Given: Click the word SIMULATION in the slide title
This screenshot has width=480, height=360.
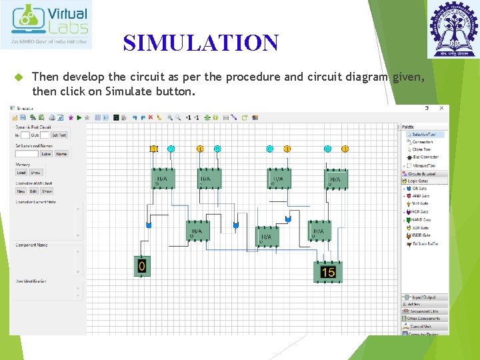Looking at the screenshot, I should pos(201,43).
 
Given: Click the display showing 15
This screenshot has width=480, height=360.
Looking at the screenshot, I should pos(328,272).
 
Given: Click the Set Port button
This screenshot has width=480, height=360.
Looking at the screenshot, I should pos(59,135).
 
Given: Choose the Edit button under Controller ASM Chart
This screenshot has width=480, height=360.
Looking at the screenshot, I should pos(34,191).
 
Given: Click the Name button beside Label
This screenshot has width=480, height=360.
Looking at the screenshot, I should pos(61,154).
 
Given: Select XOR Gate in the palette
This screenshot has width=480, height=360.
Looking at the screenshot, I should pos(419,228).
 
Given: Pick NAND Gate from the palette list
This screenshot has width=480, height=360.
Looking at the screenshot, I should pos(420,220).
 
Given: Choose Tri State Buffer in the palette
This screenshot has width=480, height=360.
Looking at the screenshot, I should pos(424,244).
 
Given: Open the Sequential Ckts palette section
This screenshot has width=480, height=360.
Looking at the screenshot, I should pos(424,311).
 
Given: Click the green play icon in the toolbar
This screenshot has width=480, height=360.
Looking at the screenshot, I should pos(79,117).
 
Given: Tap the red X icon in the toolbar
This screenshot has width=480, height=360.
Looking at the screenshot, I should pos(150,117).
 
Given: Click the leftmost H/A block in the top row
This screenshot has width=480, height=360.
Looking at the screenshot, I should pos(163,179).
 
